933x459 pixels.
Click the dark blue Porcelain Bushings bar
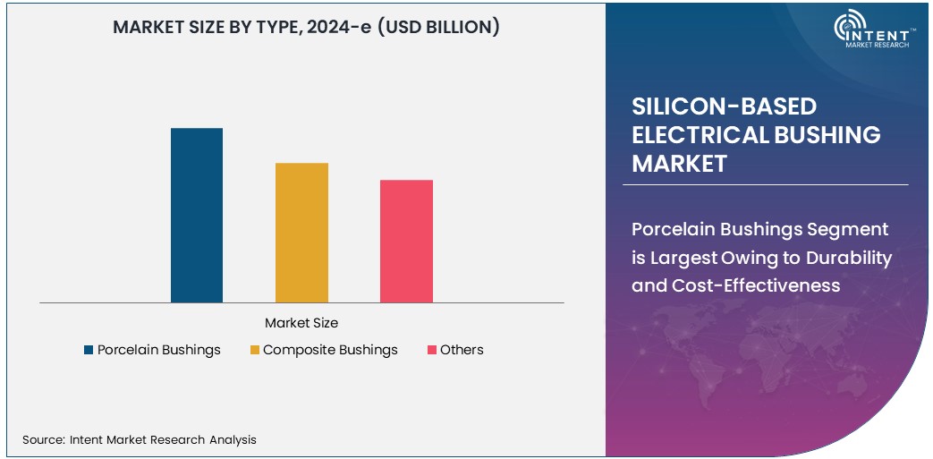click(197, 215)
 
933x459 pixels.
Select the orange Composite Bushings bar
click(301, 233)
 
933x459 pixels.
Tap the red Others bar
click(406, 241)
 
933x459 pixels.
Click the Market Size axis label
click(301, 322)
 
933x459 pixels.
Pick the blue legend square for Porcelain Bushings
click(89, 350)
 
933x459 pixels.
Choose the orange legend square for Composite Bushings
click(254, 350)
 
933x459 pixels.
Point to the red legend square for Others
click(431, 350)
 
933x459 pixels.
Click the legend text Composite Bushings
click(330, 350)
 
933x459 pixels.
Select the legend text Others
click(462, 350)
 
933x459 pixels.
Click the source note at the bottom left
click(140, 439)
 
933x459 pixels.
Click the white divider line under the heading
click(765, 184)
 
